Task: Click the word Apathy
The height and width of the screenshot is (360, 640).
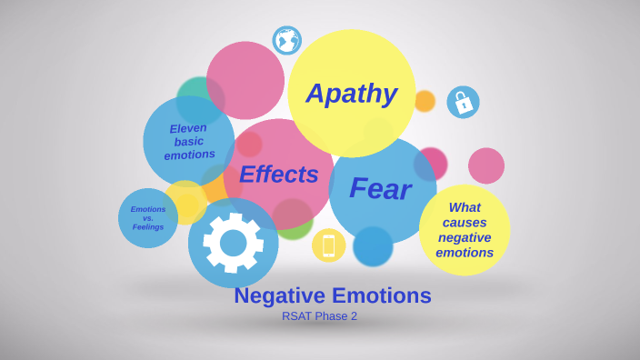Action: pos(351,94)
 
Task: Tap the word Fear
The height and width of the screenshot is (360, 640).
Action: pos(380,188)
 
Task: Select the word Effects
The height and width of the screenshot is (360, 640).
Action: pos(278,174)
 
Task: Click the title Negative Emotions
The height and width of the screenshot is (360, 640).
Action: pos(333,295)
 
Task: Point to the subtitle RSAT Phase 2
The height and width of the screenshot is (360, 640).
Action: pos(319,316)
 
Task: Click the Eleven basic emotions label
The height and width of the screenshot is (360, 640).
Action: pos(189,141)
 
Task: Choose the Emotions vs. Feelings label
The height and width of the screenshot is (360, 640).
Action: pos(148,218)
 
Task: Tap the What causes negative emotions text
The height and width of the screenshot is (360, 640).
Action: pos(465,230)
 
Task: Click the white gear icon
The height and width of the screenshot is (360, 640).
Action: pos(233,243)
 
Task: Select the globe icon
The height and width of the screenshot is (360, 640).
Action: pos(286,40)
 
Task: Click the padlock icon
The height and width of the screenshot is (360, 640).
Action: pos(463,102)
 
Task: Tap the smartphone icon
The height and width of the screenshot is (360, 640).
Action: pos(328,245)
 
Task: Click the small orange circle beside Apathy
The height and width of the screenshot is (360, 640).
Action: pos(425,101)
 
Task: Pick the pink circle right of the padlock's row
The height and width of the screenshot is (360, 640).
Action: pos(486,165)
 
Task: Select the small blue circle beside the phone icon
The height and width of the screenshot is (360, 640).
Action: pos(373,246)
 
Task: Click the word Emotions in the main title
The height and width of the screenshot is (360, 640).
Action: pos(382,295)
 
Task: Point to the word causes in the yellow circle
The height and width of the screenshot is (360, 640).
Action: pos(465,223)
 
